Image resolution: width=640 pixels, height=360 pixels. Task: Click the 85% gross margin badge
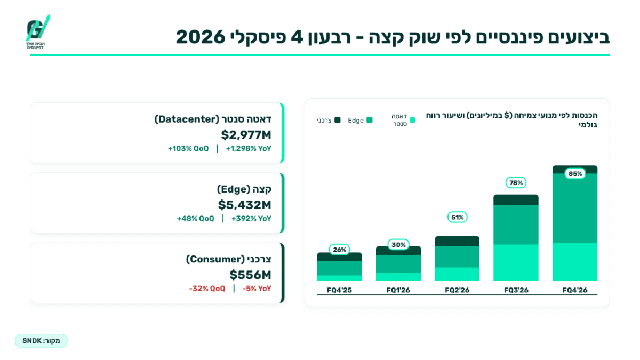click(575, 174)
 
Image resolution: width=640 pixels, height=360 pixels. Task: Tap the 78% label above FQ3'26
click(516, 182)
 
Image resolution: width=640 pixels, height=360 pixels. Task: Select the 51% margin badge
click(457, 217)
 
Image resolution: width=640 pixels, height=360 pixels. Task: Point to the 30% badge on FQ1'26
click(398, 245)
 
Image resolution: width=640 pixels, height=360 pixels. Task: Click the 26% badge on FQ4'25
click(339, 250)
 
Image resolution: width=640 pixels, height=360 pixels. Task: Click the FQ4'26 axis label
click(575, 290)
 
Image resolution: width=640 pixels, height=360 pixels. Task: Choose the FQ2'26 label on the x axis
click(457, 290)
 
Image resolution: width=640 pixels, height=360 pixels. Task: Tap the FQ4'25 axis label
click(339, 290)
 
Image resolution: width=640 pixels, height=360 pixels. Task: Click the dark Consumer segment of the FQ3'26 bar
click(516, 199)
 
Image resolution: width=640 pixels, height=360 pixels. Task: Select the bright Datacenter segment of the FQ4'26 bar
click(575, 262)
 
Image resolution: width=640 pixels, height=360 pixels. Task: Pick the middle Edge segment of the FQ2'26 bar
click(457, 257)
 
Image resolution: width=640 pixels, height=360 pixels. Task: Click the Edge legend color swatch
click(370, 120)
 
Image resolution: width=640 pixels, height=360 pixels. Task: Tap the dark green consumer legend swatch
click(338, 120)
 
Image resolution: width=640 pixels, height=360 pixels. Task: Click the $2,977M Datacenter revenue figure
click(246, 135)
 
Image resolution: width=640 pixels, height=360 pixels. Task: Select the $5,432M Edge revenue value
click(245, 205)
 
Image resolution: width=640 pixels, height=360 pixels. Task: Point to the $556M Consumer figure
click(250, 275)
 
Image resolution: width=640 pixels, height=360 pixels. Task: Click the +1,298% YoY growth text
click(249, 149)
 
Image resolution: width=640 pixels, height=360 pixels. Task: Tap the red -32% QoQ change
click(207, 289)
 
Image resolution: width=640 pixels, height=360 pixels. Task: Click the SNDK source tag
click(41, 341)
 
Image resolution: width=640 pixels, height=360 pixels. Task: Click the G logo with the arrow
click(37, 29)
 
